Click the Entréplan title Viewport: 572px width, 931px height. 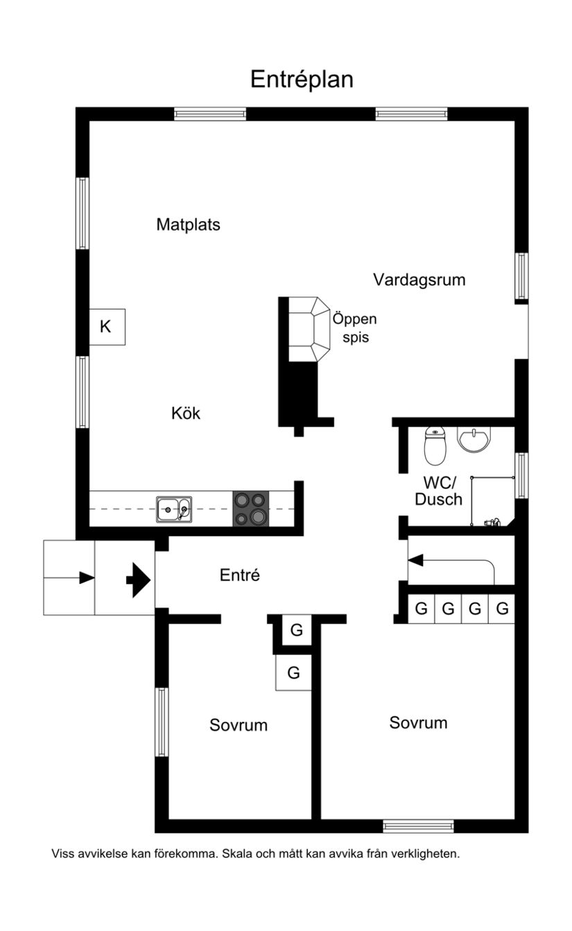pos(302,80)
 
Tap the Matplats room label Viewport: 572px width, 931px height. pos(188,224)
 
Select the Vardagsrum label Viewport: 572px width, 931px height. pos(419,280)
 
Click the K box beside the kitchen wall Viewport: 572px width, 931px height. pos(107,327)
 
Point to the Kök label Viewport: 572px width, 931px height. pos(186,414)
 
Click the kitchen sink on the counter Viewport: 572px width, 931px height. pos(174,509)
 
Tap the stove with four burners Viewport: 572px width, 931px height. pos(250,508)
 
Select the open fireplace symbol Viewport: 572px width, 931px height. pos(308,328)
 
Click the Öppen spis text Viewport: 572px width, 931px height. pos(354,328)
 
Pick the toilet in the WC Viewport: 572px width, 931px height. pos(435,446)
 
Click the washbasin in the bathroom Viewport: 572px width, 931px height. pos(474,438)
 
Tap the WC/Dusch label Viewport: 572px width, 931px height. pos(438,490)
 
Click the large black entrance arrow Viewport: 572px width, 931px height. pos(139,578)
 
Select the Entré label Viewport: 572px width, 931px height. pos(240,575)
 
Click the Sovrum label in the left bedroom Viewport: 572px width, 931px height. pos(239,725)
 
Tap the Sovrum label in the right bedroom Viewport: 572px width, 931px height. pos(418,723)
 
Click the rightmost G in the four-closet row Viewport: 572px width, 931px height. pos(503,610)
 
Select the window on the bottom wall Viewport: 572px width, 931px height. pos(418,826)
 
